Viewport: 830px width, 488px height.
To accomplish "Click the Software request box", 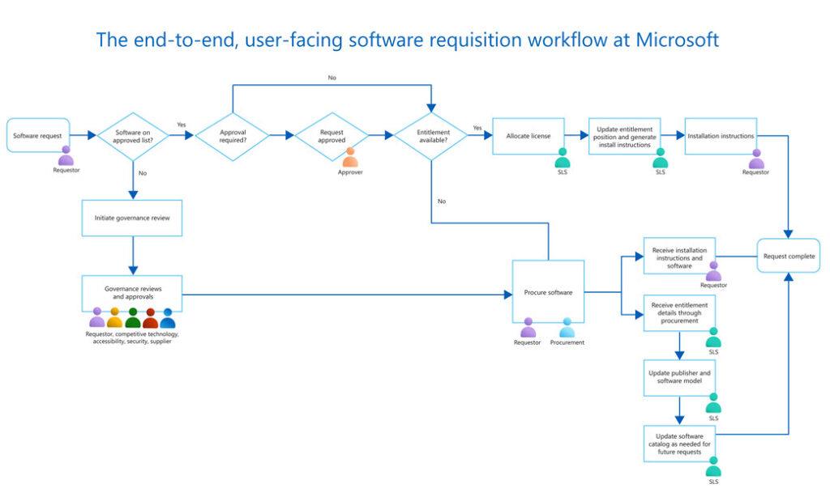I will (x=38, y=136).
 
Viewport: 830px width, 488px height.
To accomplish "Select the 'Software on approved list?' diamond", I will (x=132, y=136).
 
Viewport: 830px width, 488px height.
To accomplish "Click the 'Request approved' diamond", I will (x=331, y=136).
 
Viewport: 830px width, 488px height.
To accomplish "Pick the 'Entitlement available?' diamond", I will (x=430, y=136).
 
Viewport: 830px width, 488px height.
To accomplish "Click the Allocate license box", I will (x=528, y=136).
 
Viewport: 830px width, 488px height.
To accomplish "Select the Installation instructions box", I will (x=720, y=136).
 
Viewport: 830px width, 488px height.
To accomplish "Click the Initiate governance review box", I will (x=131, y=217).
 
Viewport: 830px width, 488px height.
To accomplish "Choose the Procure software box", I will (x=548, y=292).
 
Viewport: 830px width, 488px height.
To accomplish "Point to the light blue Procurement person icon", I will (x=567, y=327).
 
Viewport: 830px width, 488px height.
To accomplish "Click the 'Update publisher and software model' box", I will (x=679, y=377).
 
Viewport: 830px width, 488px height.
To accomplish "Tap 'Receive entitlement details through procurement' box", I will (x=679, y=313).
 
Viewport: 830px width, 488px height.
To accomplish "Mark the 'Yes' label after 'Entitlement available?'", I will (x=477, y=127).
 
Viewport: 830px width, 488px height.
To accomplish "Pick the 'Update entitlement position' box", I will (x=624, y=136).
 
